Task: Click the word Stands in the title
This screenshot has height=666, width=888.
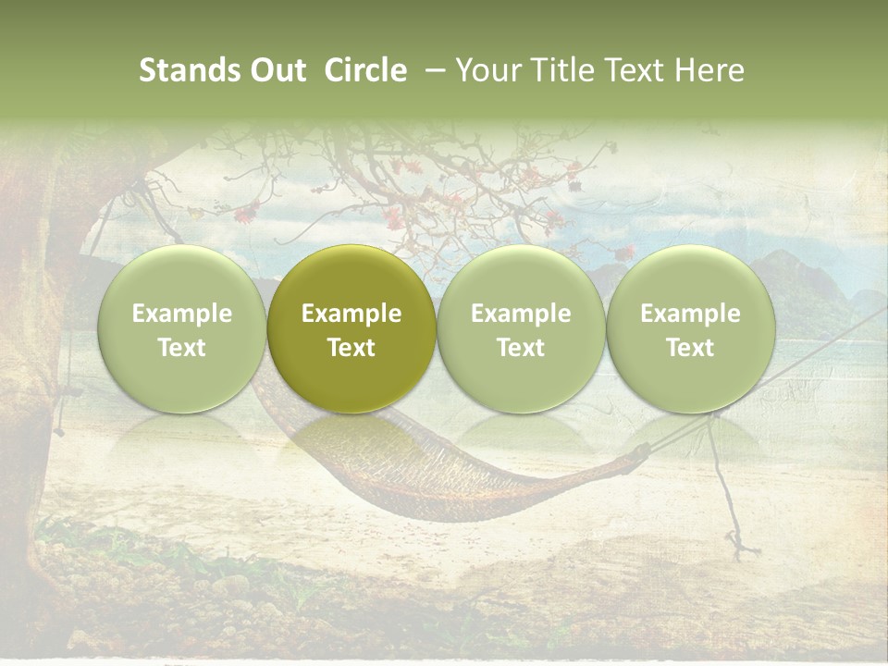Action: [191, 70]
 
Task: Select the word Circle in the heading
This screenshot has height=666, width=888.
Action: [365, 70]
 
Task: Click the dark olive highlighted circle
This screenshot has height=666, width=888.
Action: [351, 329]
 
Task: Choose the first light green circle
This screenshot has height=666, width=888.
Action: [182, 329]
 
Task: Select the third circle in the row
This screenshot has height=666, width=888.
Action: [521, 329]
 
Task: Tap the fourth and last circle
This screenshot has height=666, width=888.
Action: [690, 329]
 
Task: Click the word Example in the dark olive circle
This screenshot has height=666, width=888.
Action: [351, 314]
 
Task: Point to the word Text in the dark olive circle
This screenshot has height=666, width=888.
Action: [351, 348]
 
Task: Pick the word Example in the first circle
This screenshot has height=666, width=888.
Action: [182, 314]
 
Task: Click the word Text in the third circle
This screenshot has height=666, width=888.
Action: [521, 348]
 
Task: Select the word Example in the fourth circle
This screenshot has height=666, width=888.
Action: [690, 314]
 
